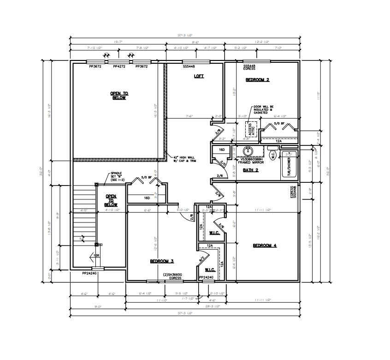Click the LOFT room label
click(199, 76)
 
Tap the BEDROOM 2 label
click(257, 80)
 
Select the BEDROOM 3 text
click(161, 261)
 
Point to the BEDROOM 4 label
click(265, 246)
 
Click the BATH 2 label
click(250, 170)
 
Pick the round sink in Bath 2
click(248, 150)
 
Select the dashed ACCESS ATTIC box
click(250, 129)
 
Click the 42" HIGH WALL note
click(184, 159)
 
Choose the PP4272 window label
click(120, 66)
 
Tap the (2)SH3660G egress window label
click(173, 276)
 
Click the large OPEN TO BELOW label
click(119, 96)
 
